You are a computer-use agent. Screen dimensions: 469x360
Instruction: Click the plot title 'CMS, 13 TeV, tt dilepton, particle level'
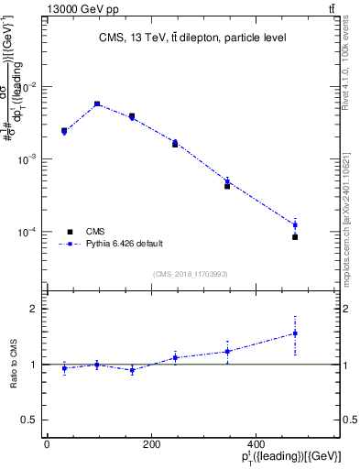point(192,38)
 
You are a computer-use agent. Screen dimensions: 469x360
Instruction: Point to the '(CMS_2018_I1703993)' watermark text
point(191,273)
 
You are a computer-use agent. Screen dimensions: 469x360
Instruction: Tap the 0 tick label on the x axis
point(47,444)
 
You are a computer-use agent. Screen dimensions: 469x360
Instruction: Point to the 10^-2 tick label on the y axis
point(29,87)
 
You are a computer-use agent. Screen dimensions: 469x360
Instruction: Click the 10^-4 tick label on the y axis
point(29,232)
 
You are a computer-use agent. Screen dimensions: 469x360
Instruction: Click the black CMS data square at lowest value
point(295,237)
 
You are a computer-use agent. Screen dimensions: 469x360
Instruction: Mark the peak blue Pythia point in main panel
point(97,104)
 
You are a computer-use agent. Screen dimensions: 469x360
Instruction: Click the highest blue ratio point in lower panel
point(295,333)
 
